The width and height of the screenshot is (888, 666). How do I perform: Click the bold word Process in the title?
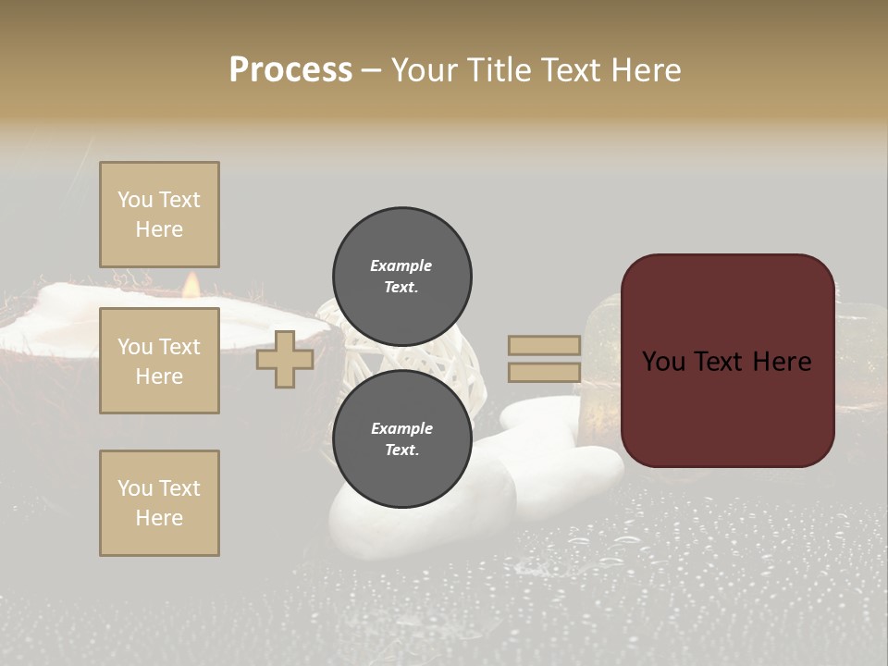pos(290,70)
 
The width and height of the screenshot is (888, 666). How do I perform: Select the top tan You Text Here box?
pos(159,215)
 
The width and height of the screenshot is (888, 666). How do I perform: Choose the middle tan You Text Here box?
pos(159,361)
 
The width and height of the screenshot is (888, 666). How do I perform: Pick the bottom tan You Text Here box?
pos(159,502)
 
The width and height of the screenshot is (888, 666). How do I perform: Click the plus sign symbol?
pos(285,359)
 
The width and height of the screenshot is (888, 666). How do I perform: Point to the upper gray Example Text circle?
pos(402,276)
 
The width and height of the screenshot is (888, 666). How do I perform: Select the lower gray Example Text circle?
pos(402,438)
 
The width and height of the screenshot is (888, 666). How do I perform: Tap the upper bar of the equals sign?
pos(544,345)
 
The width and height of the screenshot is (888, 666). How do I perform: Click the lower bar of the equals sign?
pos(544,373)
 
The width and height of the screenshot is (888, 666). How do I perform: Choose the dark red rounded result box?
pos(727,361)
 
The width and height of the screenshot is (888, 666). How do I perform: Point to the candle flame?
pos(191,285)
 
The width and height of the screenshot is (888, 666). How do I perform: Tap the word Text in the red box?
pos(726,362)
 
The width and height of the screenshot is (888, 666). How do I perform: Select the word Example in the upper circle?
pos(401,265)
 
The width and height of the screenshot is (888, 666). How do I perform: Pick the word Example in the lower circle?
pos(401,428)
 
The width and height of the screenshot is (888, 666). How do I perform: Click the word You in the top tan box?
pos(135,200)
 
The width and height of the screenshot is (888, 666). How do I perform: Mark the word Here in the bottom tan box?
pos(159,518)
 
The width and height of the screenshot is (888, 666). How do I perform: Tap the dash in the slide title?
pos(372,70)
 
